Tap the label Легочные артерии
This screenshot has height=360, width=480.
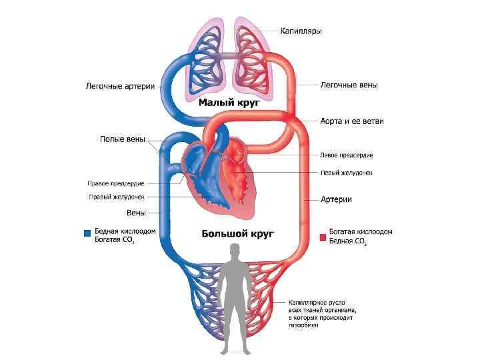tap(120, 86)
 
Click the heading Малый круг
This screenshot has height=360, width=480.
tap(229, 104)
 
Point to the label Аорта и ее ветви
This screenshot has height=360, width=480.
tap(351, 121)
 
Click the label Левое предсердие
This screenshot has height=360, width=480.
tap(347, 155)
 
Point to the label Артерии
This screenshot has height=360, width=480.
tap(336, 199)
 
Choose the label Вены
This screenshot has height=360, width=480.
tap(137, 213)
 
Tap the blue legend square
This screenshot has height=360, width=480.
tap(86, 233)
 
